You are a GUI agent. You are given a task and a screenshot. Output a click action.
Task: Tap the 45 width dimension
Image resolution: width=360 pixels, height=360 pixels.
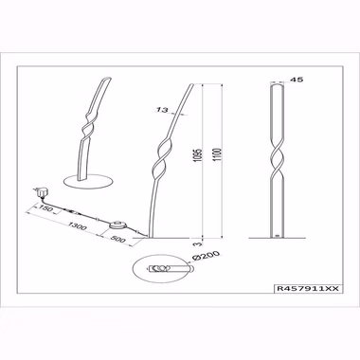pyautogui.click(x=297, y=80)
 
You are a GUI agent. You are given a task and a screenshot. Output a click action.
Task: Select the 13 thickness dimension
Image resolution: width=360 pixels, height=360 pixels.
pyautogui.click(x=162, y=110)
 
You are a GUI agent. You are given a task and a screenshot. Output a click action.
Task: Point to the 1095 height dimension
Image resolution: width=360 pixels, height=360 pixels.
pyautogui.click(x=198, y=155)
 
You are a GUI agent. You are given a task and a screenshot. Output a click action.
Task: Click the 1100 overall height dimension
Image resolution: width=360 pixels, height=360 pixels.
pyautogui.click(x=218, y=155)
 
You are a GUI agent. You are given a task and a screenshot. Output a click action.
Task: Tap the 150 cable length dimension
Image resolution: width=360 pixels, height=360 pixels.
pyautogui.click(x=45, y=207)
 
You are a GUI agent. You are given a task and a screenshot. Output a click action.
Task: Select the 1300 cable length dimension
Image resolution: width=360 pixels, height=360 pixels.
pyautogui.click(x=77, y=225)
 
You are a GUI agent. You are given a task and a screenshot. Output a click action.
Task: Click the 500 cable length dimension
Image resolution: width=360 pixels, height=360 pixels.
pyautogui.click(x=118, y=239)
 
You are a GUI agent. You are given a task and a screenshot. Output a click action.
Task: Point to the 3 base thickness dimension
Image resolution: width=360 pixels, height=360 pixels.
pyautogui.click(x=198, y=243)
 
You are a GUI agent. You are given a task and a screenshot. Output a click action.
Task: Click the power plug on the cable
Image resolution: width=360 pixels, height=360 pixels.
pyautogui.click(x=41, y=192)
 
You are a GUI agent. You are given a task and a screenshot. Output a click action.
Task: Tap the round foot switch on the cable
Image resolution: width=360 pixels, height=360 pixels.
pyautogui.click(x=119, y=225)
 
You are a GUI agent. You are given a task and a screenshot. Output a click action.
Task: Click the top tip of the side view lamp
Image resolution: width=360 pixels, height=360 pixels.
pyautogui.click(x=191, y=84)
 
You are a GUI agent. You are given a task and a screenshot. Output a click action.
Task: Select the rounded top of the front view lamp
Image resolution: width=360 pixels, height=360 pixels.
pyautogui.click(x=278, y=83)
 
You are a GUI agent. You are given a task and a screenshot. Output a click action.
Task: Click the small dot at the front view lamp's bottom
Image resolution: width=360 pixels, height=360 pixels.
pyautogui.click(x=278, y=235)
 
